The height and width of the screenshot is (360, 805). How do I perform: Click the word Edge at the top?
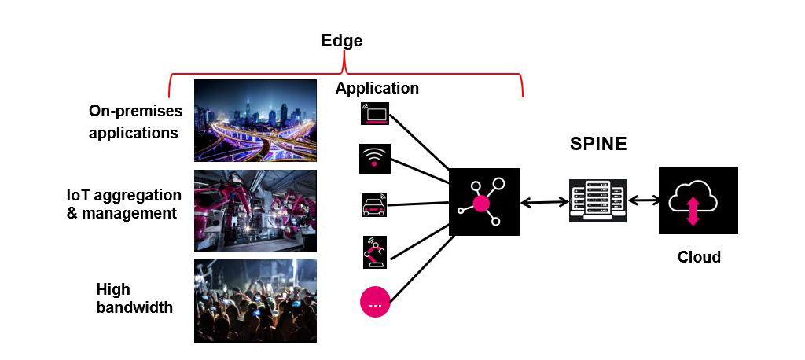(342, 41)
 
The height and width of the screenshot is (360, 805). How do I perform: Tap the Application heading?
(377, 88)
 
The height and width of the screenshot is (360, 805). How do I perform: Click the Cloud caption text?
(698, 257)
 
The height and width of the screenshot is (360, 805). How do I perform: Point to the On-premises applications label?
(134, 122)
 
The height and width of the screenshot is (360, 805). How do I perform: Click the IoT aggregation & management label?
(123, 204)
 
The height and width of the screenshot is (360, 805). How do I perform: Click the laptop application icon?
(374, 114)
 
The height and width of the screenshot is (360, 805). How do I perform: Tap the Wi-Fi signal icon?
(374, 158)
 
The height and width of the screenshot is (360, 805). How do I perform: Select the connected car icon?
(374, 205)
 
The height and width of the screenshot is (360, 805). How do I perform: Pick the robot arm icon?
(374, 251)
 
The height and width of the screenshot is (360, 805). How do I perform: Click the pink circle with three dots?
(374, 303)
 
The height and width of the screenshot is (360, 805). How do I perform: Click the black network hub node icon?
(483, 202)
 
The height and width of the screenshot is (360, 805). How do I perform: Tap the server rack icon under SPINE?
(597, 201)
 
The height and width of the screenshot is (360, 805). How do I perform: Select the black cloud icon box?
(698, 201)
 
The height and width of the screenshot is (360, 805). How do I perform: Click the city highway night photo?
(255, 120)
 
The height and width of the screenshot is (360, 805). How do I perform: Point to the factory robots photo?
(255, 211)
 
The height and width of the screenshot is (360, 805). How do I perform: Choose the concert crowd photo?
(255, 300)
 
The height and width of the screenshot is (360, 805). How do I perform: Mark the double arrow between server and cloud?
(643, 201)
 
